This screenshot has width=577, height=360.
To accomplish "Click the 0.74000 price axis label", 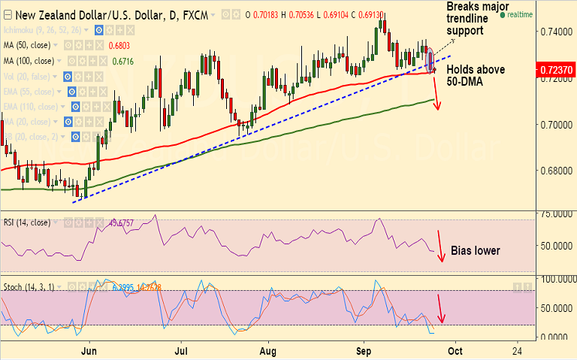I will [x=555, y=33].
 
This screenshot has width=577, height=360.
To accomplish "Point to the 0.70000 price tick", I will [x=555, y=125].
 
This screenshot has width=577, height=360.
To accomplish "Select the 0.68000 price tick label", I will [x=555, y=171].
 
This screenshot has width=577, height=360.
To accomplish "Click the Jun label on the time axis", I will [x=89, y=351].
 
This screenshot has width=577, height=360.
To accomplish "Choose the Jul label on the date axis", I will [x=181, y=351].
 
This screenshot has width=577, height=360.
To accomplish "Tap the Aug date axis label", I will [x=269, y=351].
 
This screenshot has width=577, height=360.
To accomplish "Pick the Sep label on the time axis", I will [x=364, y=351].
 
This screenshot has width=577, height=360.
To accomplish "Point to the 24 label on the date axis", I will [x=517, y=351].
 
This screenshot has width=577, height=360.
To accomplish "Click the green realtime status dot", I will [x=502, y=14].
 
